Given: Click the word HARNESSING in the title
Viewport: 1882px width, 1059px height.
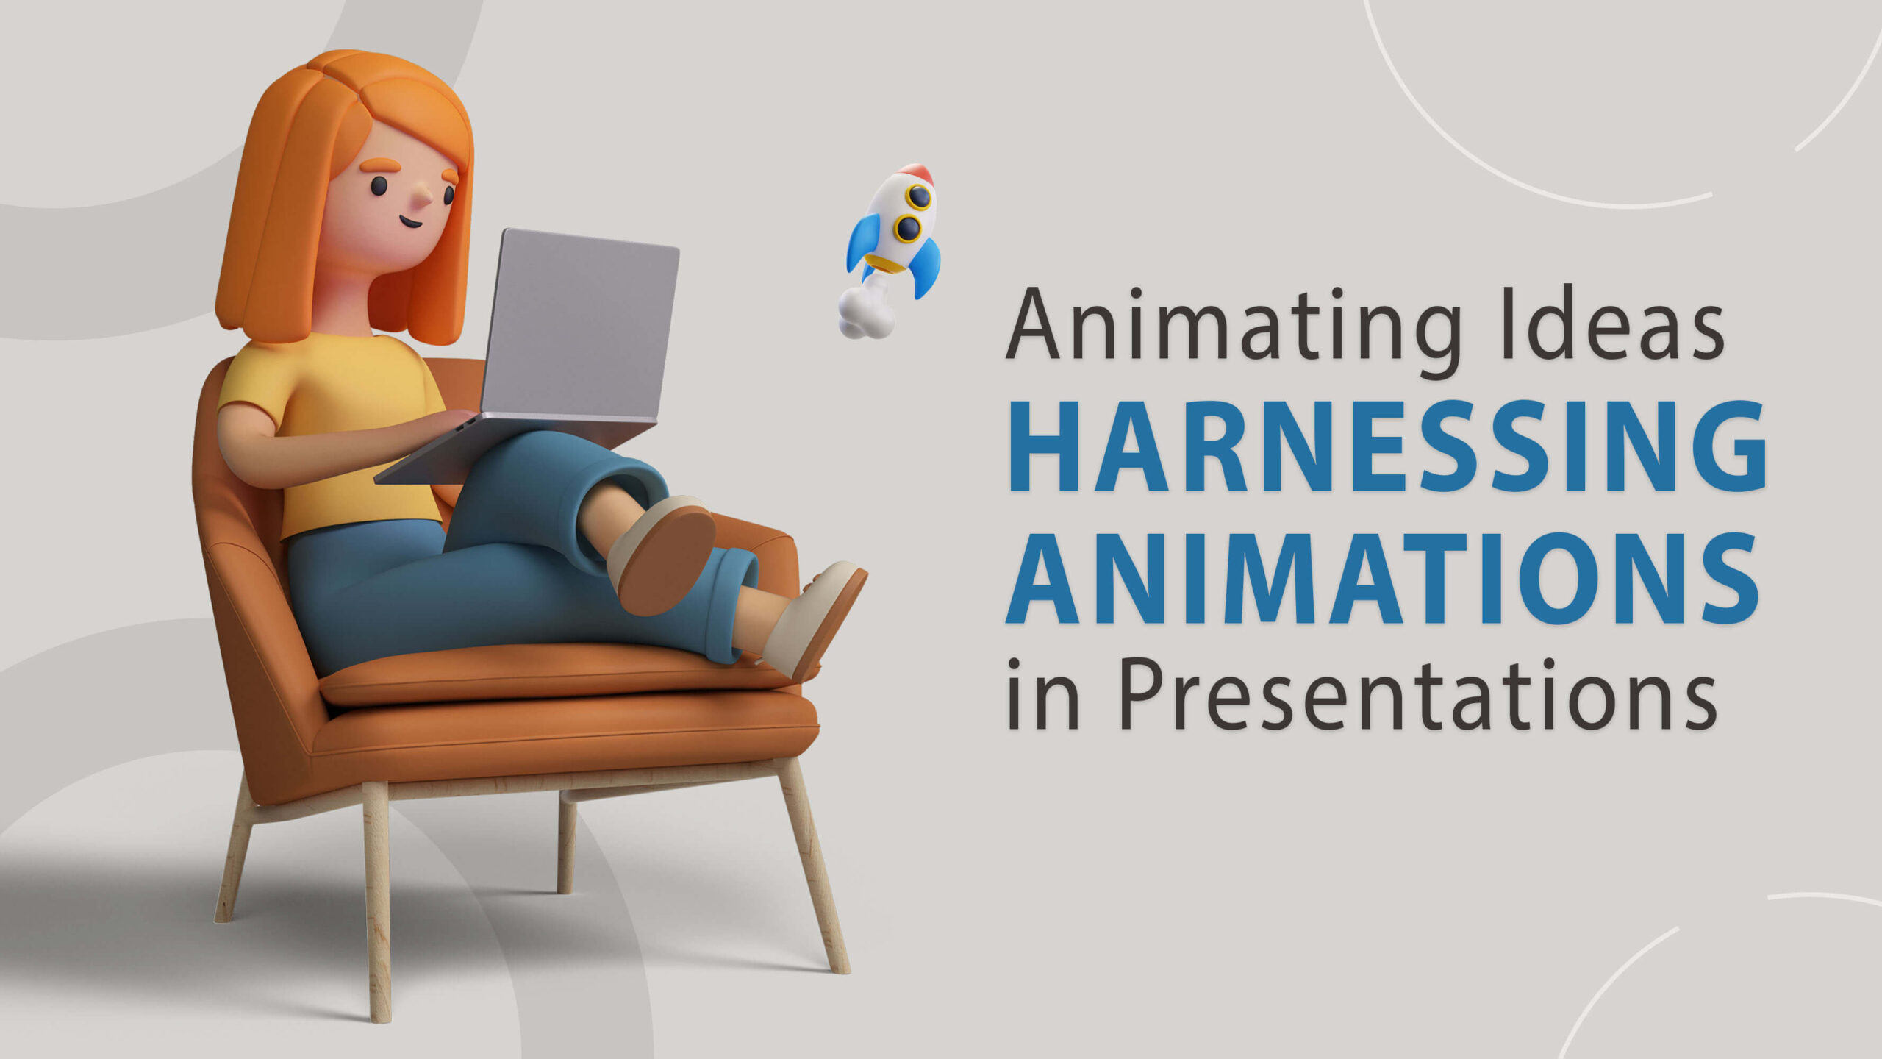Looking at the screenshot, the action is (1387, 447).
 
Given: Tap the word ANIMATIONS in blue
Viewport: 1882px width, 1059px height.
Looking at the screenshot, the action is (1382, 579).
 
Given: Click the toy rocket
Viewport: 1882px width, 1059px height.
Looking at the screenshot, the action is (890, 250).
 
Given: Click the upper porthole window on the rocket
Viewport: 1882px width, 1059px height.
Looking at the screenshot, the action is (918, 197).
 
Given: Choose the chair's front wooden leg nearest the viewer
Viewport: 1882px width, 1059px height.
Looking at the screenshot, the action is (376, 901).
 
